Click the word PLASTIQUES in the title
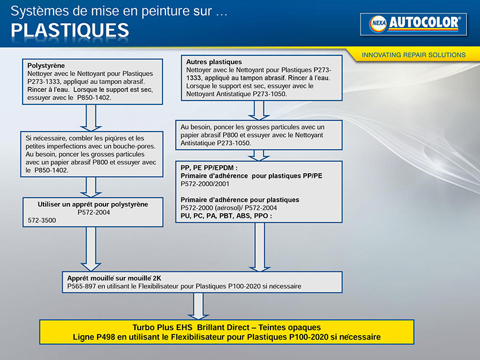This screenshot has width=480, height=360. point(70,30)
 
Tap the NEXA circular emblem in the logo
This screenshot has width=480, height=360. point(378,24)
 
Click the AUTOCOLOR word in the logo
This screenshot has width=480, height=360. point(424,23)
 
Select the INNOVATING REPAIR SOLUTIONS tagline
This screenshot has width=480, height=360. point(413,55)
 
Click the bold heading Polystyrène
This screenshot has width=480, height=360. point(46,65)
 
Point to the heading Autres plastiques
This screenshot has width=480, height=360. point(214,62)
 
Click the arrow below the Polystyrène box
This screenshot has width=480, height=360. point(91,118)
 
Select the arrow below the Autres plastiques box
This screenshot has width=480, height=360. point(259,111)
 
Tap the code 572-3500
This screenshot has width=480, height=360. point(42,220)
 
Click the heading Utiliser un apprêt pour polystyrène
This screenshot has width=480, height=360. point(93,204)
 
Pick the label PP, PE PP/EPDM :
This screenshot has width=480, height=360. point(209,168)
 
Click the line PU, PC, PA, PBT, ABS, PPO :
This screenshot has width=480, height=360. point(226,216)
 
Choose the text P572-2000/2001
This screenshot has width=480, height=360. point(205,184)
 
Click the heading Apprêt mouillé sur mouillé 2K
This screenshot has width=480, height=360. point(114,278)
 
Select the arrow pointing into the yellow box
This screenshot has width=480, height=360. point(198,306)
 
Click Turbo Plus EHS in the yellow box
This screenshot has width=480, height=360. point(162,327)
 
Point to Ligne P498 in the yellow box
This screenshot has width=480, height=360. point(94,337)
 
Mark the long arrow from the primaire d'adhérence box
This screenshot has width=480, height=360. point(260,247)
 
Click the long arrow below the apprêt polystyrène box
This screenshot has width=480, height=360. point(91,249)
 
